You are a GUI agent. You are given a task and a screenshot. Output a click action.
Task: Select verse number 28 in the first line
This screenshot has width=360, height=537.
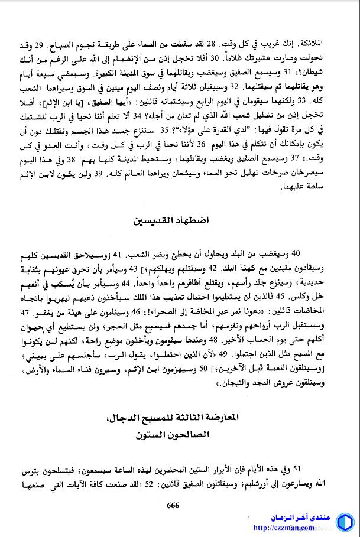click(x=215, y=45)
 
